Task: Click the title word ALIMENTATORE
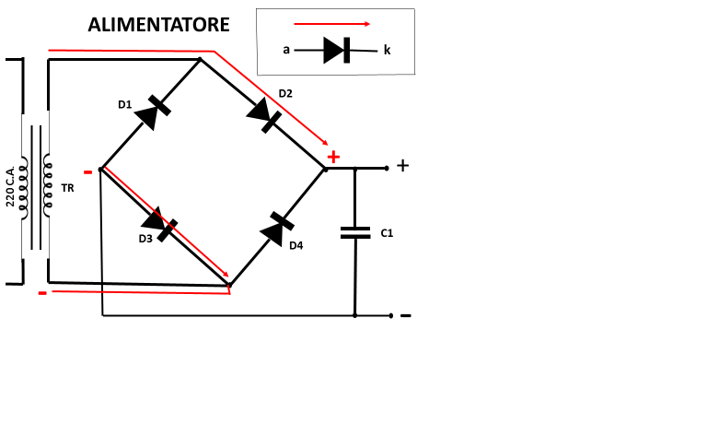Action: [x=158, y=25]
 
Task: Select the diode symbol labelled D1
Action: [x=153, y=112]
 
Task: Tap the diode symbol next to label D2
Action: [x=264, y=115]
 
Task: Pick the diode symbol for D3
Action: [x=159, y=224]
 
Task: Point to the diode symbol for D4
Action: [x=277, y=230]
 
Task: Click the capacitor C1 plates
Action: [x=355, y=232]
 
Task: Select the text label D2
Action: [x=285, y=93]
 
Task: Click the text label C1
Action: [x=387, y=233]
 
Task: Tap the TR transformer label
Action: [x=67, y=188]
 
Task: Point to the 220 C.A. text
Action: [x=10, y=185]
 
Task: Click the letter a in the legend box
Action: [x=286, y=50]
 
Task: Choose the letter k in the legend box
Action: [x=387, y=50]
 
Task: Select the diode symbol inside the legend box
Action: [x=336, y=50]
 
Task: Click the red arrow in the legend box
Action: [x=331, y=24]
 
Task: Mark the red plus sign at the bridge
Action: [x=333, y=157]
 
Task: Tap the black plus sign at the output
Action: [x=402, y=166]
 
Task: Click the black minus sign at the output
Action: [x=406, y=315]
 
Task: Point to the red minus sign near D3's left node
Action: [x=88, y=172]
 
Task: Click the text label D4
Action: [x=296, y=245]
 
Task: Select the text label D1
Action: [x=125, y=105]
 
